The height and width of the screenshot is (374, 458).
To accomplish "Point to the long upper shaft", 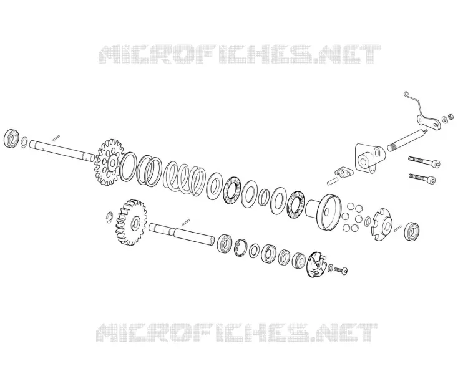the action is click(x=62, y=150).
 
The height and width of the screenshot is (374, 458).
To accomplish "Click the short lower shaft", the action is click(x=182, y=233).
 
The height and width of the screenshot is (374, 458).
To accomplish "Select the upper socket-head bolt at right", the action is click(x=424, y=161).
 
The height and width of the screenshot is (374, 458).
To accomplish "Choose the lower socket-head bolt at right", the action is click(x=422, y=178).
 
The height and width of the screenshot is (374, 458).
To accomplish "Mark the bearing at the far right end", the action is click(x=412, y=232).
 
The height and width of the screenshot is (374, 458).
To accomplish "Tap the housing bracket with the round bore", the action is click(x=369, y=159).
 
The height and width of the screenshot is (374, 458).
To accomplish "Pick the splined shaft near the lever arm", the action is click(x=407, y=140).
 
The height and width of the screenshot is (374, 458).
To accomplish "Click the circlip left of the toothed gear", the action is click(x=109, y=216).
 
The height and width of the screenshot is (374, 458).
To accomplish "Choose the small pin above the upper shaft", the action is click(x=56, y=138).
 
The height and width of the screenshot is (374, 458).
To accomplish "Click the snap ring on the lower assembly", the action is click(x=241, y=247).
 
